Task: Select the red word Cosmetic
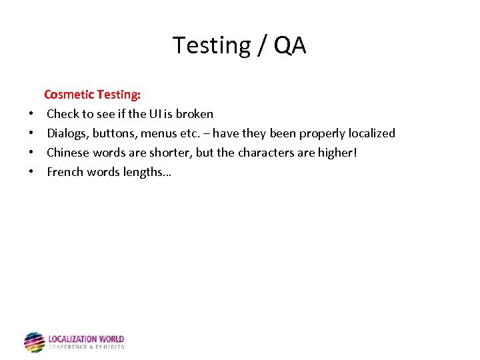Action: (69, 95)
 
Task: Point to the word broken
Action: (194, 114)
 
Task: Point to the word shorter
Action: (171, 153)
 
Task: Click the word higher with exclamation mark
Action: (338, 153)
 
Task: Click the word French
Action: (65, 172)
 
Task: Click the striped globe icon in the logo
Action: (35, 342)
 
